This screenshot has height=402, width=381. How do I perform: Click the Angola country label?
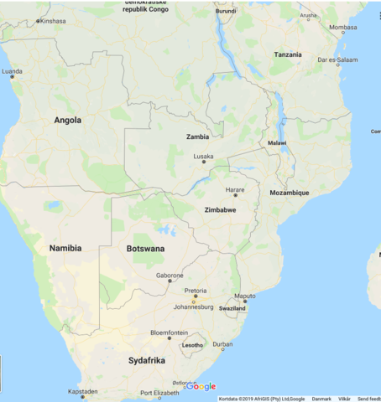(x=68, y=120)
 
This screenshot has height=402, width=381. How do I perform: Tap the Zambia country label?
(x=197, y=137)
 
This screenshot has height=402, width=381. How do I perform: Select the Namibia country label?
(x=65, y=249)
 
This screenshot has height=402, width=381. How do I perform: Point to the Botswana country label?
(x=145, y=250)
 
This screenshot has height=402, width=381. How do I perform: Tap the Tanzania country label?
(x=287, y=54)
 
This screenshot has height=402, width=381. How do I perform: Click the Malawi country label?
(x=277, y=143)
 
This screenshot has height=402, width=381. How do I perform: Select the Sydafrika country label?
(x=147, y=360)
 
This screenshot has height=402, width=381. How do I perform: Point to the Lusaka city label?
(x=203, y=156)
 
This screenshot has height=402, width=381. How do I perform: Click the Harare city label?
(x=235, y=189)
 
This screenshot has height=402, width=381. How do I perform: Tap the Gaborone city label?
(x=170, y=275)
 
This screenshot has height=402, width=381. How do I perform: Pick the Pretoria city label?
(x=196, y=290)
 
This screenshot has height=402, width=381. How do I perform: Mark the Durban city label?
(x=222, y=344)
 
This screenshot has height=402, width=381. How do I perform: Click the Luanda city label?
(x=13, y=72)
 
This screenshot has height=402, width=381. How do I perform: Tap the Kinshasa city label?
(x=52, y=21)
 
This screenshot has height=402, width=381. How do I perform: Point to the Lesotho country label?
(x=193, y=345)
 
